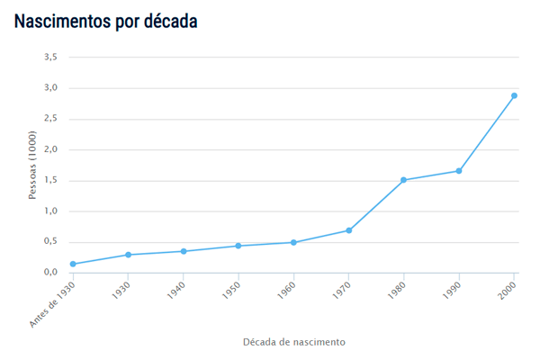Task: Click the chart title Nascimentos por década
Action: click(105, 21)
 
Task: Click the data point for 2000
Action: click(514, 95)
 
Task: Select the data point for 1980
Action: click(403, 180)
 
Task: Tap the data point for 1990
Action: click(459, 171)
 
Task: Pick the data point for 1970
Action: click(348, 230)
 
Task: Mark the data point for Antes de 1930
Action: click(73, 264)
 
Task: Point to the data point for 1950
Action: click(238, 246)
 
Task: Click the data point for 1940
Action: click(184, 251)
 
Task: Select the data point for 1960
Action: click(293, 242)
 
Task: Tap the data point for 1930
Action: click(128, 255)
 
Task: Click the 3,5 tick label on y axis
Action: click(50, 57)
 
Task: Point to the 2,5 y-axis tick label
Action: click(50, 119)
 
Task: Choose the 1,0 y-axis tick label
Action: click(50, 211)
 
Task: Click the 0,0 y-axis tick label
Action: click(50, 273)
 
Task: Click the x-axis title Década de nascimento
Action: click(293, 342)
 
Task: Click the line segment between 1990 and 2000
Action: click(486, 133)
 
